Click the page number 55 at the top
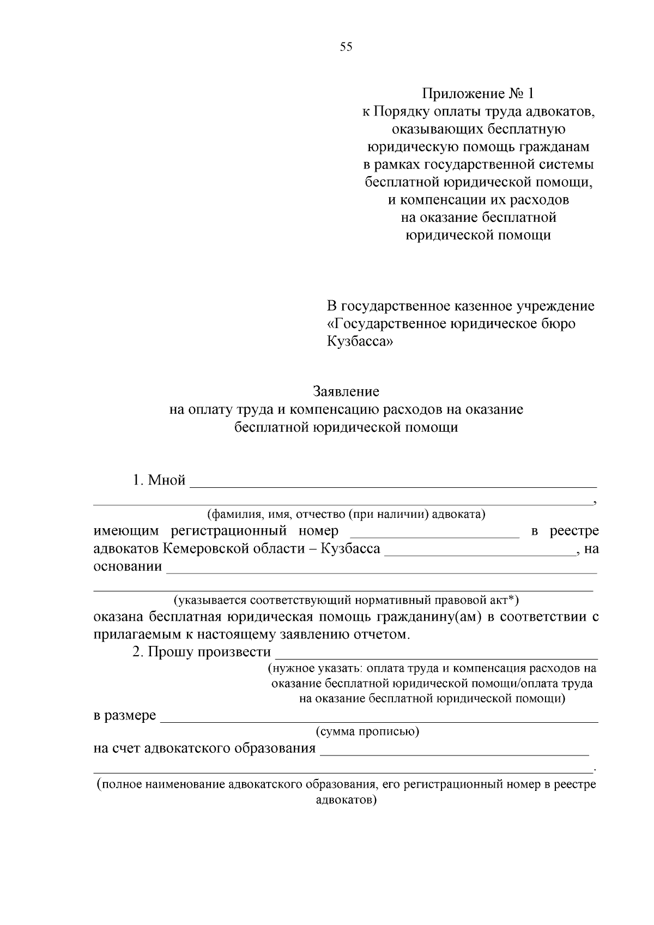point(346,47)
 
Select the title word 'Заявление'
point(346,392)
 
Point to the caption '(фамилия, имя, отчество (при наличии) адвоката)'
point(346,514)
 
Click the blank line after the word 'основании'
point(381,569)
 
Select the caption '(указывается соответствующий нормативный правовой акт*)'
point(346,601)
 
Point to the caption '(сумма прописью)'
point(367,731)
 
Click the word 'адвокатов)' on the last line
point(346,800)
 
